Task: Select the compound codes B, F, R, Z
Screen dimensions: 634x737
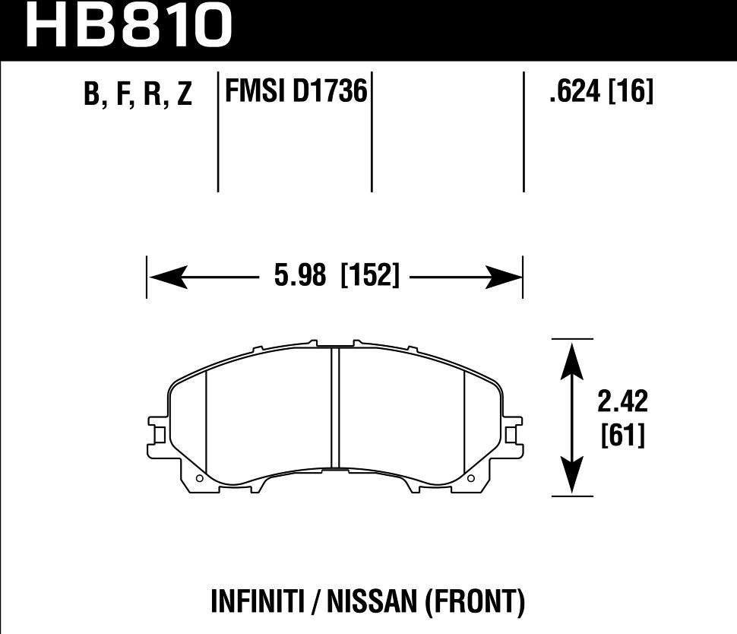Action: (139, 95)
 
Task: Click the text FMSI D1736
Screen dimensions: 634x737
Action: (296, 93)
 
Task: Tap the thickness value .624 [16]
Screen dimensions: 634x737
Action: (599, 93)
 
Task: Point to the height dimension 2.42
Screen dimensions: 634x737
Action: (622, 401)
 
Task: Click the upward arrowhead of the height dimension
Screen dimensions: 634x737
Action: (571, 357)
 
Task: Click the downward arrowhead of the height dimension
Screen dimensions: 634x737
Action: (571, 477)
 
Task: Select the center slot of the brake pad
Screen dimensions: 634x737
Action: (334, 407)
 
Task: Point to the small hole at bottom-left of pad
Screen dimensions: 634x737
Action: (198, 479)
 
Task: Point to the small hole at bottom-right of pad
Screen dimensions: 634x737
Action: (472, 479)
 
